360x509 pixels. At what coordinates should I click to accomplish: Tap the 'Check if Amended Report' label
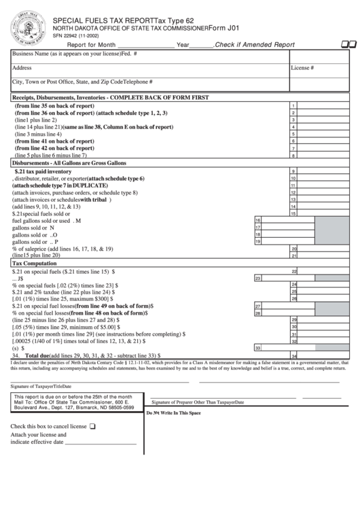(x=255, y=45)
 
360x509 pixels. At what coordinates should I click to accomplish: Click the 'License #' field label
(x=302, y=68)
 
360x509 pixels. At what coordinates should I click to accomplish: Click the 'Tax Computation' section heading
(x=35, y=263)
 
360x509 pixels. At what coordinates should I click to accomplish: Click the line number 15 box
(x=293, y=213)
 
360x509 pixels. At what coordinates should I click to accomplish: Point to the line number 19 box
(x=258, y=241)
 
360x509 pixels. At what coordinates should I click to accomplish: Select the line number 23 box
(x=258, y=278)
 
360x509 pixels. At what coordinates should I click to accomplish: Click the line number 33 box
(x=258, y=347)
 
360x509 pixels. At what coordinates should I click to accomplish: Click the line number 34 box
(x=293, y=355)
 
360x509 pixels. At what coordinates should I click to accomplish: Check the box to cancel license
(x=92, y=427)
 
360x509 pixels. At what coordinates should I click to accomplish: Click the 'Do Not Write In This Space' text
(x=173, y=413)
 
